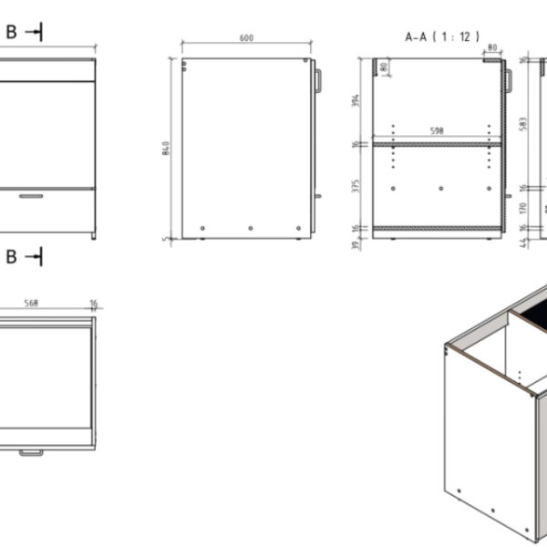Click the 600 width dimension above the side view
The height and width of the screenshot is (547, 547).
[x=246, y=38]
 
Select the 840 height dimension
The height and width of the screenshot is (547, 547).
[x=165, y=148]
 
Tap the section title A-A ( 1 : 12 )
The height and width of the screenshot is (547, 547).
[x=442, y=37]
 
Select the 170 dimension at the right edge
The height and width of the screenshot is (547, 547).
[x=521, y=209]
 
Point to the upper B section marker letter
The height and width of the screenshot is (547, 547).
[x=12, y=32]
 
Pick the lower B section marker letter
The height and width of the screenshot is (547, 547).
[x=12, y=257]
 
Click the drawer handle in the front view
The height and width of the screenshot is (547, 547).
[x=33, y=195]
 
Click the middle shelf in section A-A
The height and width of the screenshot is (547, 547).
[x=438, y=143]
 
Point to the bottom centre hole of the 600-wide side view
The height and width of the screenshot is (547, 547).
[x=250, y=227]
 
